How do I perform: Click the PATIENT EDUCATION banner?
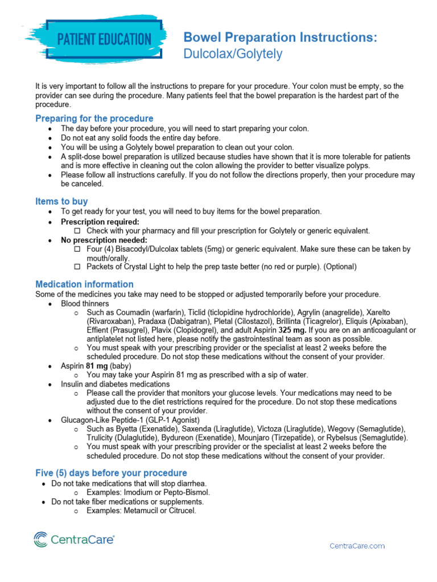click(x=104, y=39)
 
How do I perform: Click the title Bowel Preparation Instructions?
click(x=279, y=38)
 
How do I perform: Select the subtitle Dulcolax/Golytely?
click(x=232, y=54)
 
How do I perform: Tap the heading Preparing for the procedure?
click(x=94, y=118)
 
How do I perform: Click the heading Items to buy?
click(x=61, y=201)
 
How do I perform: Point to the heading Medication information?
click(x=84, y=284)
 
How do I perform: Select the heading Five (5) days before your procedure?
click(x=111, y=473)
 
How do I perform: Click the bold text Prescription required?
click(x=100, y=222)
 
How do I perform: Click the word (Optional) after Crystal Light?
click(x=340, y=267)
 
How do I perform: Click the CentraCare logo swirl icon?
click(x=42, y=539)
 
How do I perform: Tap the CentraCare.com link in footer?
click(x=357, y=546)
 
